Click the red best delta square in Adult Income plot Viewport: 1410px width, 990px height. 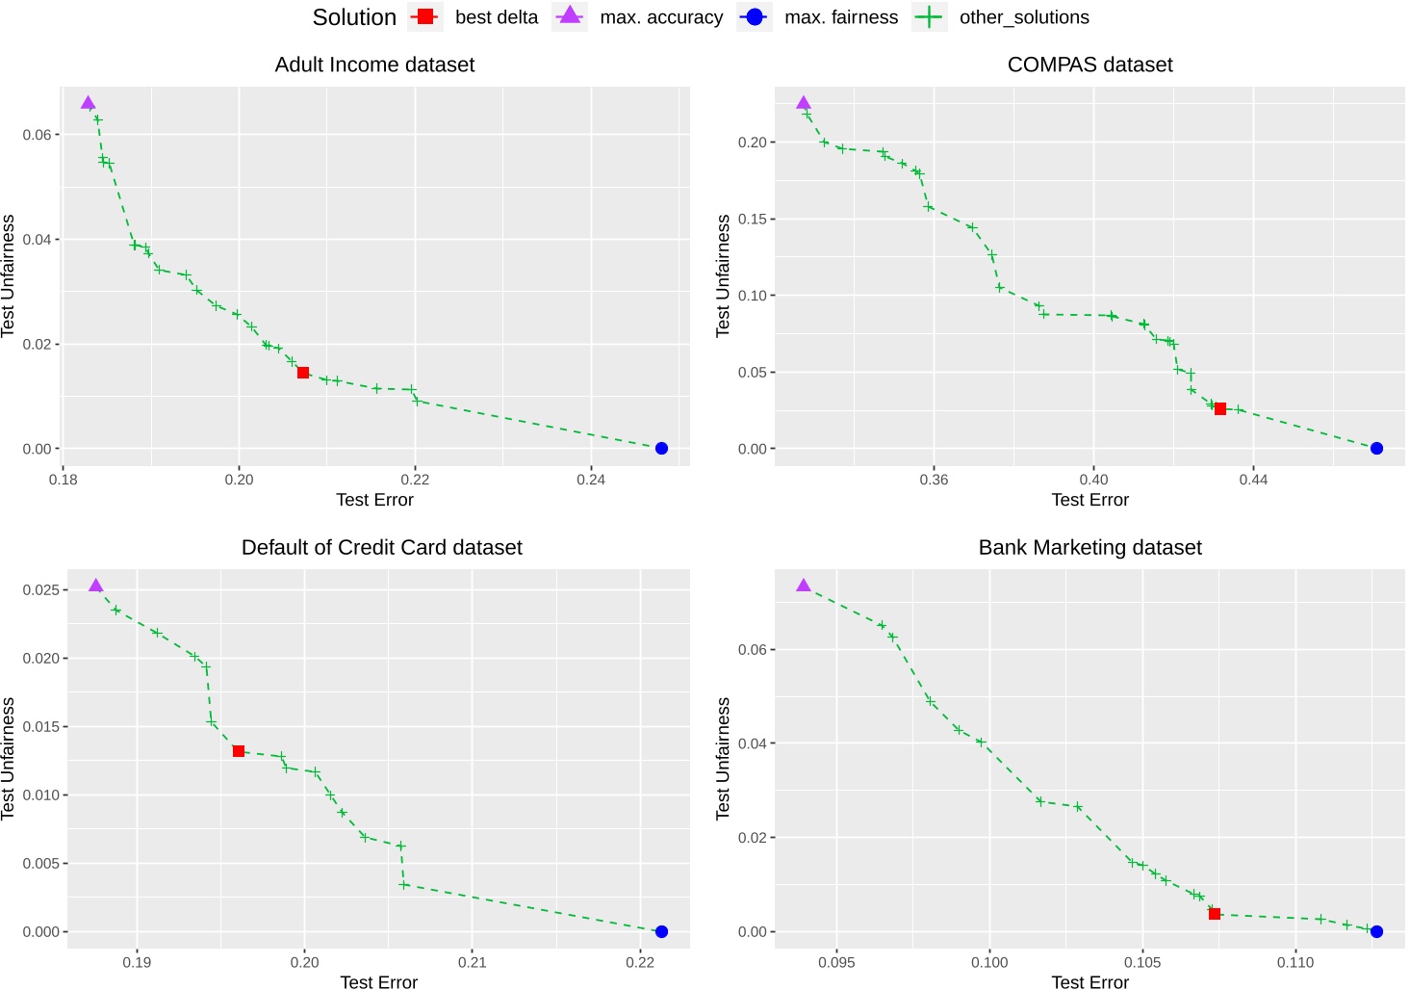[x=303, y=373]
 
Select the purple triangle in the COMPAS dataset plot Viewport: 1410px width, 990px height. [x=804, y=103]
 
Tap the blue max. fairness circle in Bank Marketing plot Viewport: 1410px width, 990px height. [x=1376, y=931]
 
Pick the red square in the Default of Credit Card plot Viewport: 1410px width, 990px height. [x=239, y=751]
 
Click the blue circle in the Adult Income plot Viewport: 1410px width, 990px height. [x=661, y=449]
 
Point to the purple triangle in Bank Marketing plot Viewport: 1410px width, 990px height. [x=804, y=586]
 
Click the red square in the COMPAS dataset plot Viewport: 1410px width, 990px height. [x=1220, y=409]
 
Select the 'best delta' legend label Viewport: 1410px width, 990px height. [x=497, y=17]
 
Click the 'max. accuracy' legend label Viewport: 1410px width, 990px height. [x=661, y=17]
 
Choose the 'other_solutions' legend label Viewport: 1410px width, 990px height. [x=1024, y=17]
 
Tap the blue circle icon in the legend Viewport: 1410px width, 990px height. [x=755, y=17]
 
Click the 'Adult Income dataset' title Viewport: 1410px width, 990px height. [x=374, y=65]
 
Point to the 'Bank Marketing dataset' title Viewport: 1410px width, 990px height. [x=1090, y=547]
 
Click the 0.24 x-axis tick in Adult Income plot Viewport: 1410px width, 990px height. [x=591, y=480]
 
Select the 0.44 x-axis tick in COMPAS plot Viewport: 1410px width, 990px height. [x=1253, y=480]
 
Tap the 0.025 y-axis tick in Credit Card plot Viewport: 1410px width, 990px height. [x=41, y=589]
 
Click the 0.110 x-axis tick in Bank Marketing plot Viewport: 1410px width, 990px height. [x=1295, y=962]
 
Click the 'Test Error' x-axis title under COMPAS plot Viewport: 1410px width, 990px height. [x=1090, y=500]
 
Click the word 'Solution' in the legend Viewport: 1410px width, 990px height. [x=354, y=17]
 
